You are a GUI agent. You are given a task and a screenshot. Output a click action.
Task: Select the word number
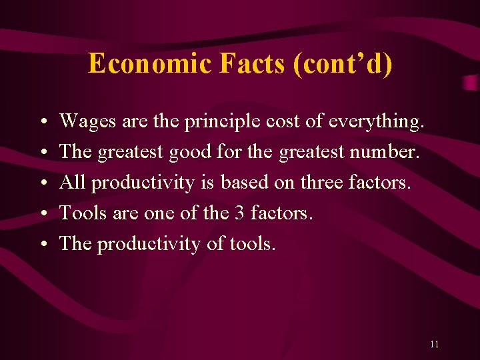point(387,152)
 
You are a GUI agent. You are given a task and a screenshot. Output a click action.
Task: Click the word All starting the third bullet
point(73,183)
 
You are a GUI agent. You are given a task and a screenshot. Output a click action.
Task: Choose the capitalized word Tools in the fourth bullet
point(80,213)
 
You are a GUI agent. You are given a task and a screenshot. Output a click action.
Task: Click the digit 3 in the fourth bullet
point(238,213)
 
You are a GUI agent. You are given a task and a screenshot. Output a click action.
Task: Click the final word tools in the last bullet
point(251,244)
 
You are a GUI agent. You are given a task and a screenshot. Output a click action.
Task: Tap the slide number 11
point(435,344)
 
